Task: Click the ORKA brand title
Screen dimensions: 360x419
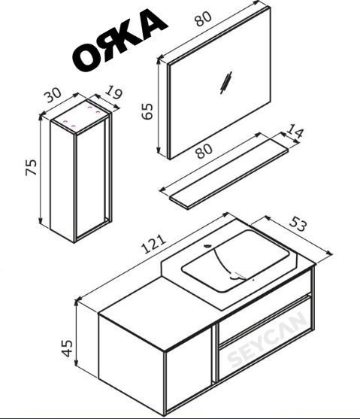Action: click(119, 40)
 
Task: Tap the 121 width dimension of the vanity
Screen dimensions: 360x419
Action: click(155, 244)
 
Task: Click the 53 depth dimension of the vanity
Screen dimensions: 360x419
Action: click(297, 224)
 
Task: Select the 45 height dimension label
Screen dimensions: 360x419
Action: click(67, 348)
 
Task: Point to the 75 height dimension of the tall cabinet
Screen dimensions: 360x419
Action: click(32, 167)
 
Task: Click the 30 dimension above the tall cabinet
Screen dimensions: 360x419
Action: click(53, 95)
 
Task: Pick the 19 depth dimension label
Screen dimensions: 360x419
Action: click(113, 92)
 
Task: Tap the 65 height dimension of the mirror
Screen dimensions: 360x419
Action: click(147, 111)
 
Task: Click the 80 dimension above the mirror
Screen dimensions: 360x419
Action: click(203, 18)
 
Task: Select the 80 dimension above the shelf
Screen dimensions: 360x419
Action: click(204, 151)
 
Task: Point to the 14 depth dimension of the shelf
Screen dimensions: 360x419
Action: click(295, 131)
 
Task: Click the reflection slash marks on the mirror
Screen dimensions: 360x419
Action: click(225, 83)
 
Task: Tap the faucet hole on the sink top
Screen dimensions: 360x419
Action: click(207, 245)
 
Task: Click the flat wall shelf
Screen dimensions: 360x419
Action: click(228, 174)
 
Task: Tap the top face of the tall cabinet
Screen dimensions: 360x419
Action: click(80, 117)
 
